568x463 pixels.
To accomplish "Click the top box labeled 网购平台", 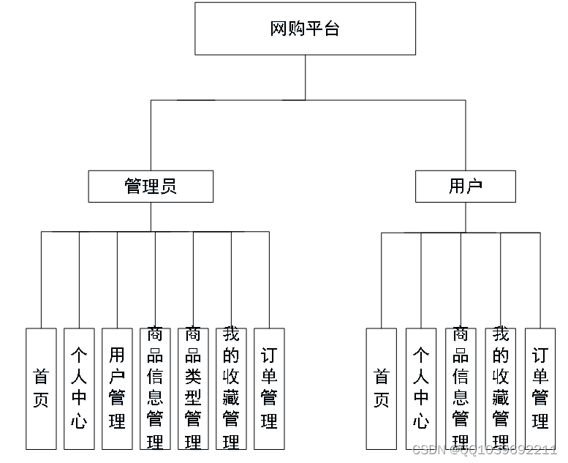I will click(x=305, y=29).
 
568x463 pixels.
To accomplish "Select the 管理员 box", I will click(x=151, y=187).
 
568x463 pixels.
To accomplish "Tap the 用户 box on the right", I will click(x=465, y=187).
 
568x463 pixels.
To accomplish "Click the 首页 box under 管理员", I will click(x=41, y=388).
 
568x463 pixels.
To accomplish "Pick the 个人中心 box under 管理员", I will click(x=79, y=388).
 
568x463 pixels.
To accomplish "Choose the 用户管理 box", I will click(x=117, y=388).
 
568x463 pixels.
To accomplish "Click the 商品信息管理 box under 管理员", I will click(x=155, y=388).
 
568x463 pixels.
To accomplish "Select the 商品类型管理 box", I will click(x=193, y=388).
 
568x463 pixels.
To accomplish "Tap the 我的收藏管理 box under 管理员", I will click(x=231, y=388).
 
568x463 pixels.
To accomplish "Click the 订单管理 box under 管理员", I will click(x=269, y=388).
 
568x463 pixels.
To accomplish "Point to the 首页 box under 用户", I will click(x=382, y=388).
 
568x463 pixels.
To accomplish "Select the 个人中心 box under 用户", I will click(x=421, y=388).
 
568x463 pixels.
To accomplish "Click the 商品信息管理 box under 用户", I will click(x=461, y=388).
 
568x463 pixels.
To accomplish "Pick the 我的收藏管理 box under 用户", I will click(x=500, y=388).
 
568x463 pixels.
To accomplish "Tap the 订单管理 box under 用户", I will click(x=539, y=388).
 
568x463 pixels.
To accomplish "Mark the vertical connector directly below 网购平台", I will click(x=305, y=78).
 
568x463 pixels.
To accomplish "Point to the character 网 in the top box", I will click(x=279, y=29).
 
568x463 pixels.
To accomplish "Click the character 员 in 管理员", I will click(x=168, y=187).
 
